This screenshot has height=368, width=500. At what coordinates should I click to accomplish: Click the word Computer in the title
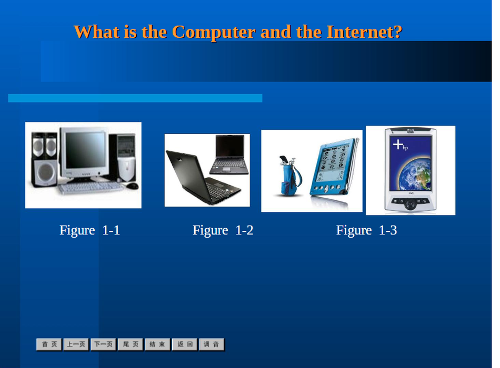coord(213,33)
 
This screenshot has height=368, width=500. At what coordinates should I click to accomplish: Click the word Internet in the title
coord(364,32)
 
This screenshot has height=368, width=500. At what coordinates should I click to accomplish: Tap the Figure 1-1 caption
coord(89,230)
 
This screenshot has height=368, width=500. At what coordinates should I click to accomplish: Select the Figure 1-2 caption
coord(223,230)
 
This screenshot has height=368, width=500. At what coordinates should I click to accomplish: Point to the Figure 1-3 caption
coord(366,230)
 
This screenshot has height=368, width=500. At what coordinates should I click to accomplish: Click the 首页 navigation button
coord(49,344)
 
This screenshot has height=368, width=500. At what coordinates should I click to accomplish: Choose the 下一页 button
coord(103,344)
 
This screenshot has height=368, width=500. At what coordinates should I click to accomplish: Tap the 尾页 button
coord(131,344)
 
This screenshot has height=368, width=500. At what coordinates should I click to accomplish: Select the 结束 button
coord(157,344)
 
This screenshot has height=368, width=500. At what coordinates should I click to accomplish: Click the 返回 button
coord(185,344)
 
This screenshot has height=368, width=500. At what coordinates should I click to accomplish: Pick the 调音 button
coord(212,344)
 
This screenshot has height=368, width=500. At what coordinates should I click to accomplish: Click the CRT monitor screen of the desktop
coord(85,150)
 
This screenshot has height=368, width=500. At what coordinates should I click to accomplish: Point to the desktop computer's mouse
coord(132,186)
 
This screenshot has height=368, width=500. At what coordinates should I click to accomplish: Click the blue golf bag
coord(290,176)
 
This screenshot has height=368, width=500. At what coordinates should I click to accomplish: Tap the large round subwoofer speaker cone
coord(46,172)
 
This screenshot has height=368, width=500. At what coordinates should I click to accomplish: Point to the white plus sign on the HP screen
coord(398,145)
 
